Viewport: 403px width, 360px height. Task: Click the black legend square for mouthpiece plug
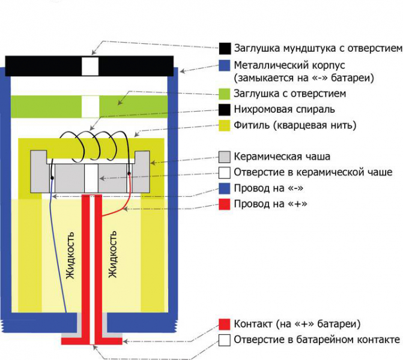pyautogui.click(x=225, y=48)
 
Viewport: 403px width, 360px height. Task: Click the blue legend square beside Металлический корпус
pyautogui.click(x=225, y=64)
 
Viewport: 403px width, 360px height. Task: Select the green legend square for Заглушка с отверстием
pyautogui.click(x=225, y=94)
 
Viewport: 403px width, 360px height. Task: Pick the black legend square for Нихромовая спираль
pyautogui.click(x=225, y=109)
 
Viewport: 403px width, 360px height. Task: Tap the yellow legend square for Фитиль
pyautogui.click(x=225, y=125)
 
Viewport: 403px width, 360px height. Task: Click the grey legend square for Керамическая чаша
pyautogui.click(x=225, y=157)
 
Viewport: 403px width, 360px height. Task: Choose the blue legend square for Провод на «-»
pyautogui.click(x=225, y=188)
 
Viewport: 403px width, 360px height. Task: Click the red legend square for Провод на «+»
pyautogui.click(x=225, y=204)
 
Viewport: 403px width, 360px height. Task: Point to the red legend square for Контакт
pyautogui.click(x=225, y=324)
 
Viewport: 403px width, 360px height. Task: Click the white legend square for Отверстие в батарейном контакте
pyautogui.click(x=225, y=340)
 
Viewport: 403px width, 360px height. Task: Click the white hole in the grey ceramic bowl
pyautogui.click(x=90, y=178)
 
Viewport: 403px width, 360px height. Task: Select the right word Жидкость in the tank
pyautogui.click(x=112, y=255)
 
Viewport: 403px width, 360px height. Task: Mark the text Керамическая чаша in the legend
pyautogui.click(x=282, y=157)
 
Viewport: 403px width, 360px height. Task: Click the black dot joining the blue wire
pyautogui.click(x=53, y=178)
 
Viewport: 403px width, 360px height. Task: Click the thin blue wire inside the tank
pyautogui.click(x=59, y=252)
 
